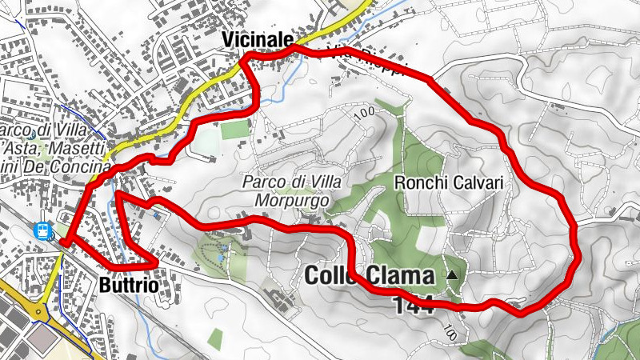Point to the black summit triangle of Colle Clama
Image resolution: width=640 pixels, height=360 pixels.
(x=453, y=275)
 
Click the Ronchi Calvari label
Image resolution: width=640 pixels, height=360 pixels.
(x=449, y=183)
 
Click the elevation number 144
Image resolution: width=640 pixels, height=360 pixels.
(x=413, y=304)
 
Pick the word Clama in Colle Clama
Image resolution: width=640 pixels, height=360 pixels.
(x=402, y=276)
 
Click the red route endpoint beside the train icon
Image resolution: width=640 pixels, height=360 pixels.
(x=62, y=240)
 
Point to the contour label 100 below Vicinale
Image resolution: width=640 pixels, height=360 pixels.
(x=363, y=113)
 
